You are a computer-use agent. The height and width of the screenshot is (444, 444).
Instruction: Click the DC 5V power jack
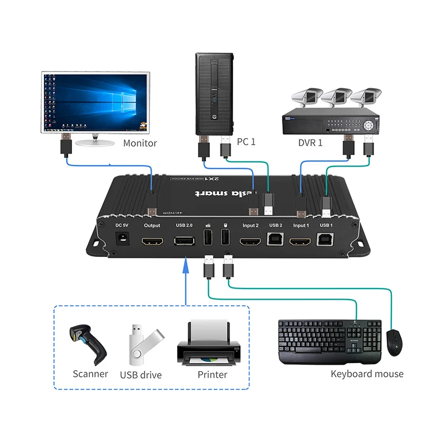122,241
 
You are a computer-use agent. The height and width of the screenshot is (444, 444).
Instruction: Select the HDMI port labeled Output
152,243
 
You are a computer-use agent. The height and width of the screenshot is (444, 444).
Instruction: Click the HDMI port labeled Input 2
250,243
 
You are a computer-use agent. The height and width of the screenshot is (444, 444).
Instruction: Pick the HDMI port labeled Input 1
301,243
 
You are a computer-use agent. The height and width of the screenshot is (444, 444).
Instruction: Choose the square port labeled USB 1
326,241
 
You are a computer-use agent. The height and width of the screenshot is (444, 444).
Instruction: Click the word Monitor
140,143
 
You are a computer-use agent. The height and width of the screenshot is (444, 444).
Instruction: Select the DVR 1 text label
312,143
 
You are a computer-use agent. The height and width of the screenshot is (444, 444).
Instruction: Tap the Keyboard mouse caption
367,374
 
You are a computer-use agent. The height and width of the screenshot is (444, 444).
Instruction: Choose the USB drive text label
141,375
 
